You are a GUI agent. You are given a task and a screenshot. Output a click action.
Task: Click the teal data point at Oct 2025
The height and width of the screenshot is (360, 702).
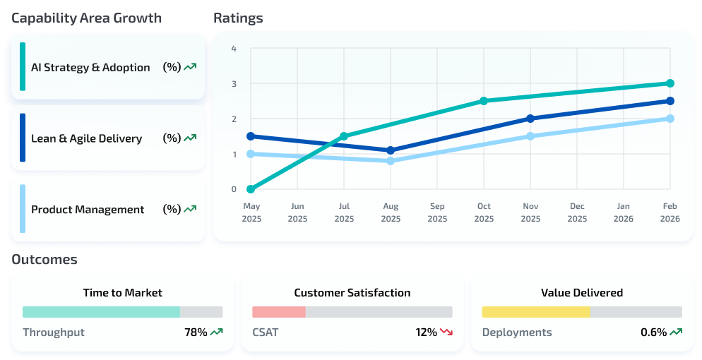pos(484,101)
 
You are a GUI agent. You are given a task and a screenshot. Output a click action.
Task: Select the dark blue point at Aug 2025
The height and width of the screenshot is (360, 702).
pos(391,150)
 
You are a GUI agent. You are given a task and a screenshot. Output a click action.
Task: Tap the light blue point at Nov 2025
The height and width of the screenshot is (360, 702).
pos(530,136)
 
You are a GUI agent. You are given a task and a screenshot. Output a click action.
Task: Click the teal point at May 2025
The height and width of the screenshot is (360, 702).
pos(251,189)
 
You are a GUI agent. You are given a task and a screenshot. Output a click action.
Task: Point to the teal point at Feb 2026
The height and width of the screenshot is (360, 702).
pos(670,83)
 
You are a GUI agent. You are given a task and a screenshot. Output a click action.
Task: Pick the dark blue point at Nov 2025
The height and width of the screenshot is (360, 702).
pos(530,119)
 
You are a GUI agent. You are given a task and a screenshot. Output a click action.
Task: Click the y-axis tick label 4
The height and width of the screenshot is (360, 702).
pos(234,49)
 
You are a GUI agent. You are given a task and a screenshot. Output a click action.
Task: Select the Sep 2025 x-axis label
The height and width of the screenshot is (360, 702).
pos(437,212)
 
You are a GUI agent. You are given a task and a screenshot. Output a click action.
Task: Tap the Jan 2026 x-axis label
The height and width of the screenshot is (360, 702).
pos(624,212)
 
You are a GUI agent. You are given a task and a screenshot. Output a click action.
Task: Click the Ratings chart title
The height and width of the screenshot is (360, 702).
pos(238,18)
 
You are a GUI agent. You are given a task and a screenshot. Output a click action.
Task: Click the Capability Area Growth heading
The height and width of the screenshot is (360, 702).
pos(86,18)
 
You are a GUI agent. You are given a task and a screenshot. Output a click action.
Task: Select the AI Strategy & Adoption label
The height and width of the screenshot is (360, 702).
pos(90,68)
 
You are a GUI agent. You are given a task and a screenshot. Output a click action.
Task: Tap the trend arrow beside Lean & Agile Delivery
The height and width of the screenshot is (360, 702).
pos(190,138)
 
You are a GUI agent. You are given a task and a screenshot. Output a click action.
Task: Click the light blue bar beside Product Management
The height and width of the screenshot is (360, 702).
pos(23,209)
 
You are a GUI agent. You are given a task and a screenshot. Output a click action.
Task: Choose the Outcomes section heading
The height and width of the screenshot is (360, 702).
pos(44,260)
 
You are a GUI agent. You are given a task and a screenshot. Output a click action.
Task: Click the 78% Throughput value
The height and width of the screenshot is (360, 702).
pos(196,332)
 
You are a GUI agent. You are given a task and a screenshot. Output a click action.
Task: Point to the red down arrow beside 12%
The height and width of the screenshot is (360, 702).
pos(446,332)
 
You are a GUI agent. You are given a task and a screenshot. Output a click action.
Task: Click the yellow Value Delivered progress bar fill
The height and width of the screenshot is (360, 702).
pos(535,312)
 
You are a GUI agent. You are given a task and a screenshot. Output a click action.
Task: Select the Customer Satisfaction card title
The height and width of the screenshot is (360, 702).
pos(352,292)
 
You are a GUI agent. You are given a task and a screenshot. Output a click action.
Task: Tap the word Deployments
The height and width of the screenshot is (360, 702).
pos(517,332)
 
